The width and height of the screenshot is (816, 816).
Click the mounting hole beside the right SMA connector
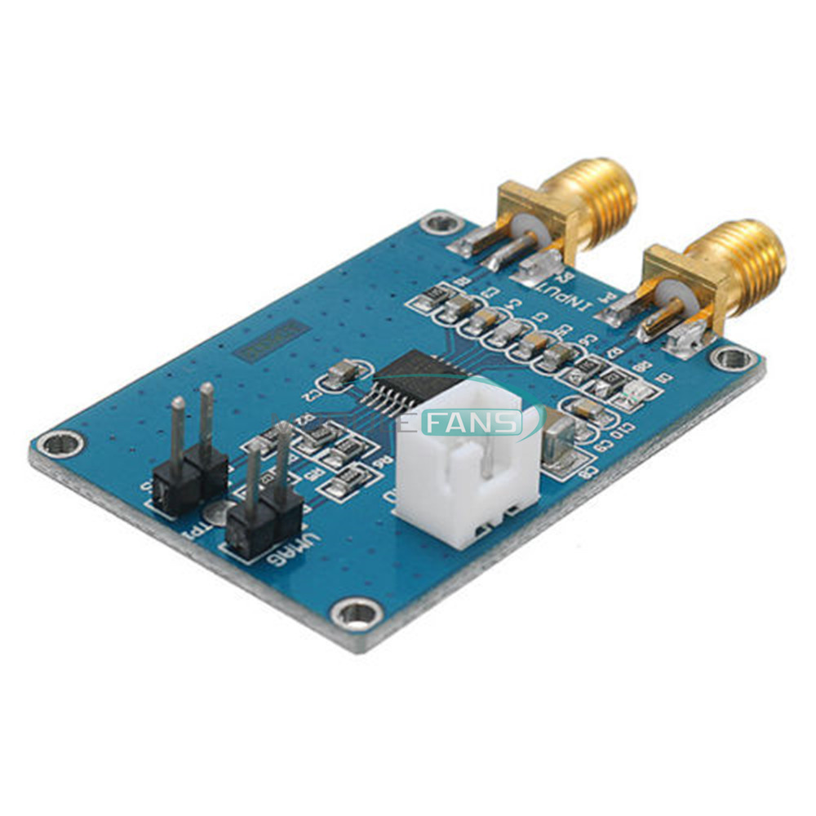(731, 357)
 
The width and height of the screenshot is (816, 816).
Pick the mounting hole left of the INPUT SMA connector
(442, 221)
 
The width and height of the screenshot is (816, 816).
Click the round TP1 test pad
(215, 512)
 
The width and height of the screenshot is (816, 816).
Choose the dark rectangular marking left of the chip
(271, 342)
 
